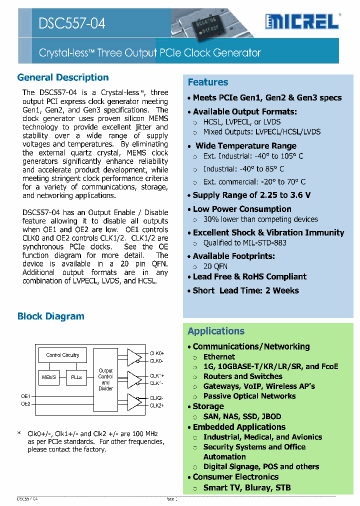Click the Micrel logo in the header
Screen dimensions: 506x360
(x=302, y=21)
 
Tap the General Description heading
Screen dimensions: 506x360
(x=63, y=77)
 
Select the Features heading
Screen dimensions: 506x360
(x=208, y=82)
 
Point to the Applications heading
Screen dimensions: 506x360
(x=216, y=331)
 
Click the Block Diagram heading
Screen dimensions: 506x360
(x=51, y=316)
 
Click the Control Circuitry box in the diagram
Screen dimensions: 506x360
(x=62, y=355)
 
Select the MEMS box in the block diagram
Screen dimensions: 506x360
(x=49, y=377)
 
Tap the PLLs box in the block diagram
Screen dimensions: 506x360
(x=76, y=377)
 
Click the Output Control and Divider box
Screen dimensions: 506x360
(x=105, y=379)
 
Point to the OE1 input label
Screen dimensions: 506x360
(x=25, y=396)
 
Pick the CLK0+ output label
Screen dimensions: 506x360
(x=157, y=353)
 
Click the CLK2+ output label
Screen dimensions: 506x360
(x=157, y=405)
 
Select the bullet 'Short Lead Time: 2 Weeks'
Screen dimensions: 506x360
(x=245, y=290)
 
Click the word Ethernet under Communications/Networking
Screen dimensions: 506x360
(x=219, y=356)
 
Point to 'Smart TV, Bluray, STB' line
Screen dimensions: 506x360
(x=246, y=487)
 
